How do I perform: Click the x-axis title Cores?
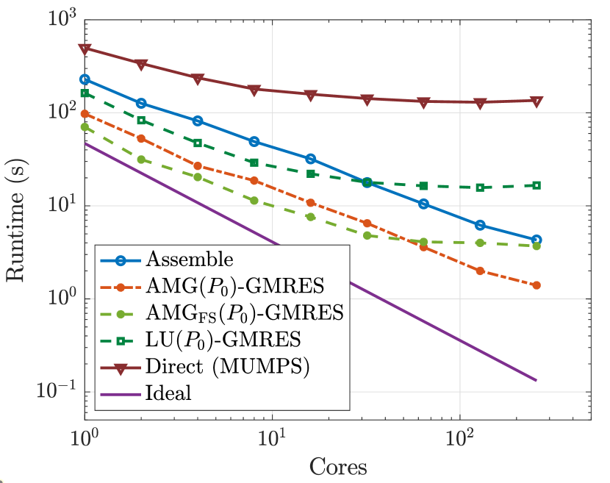pos(338,466)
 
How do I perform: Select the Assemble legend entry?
pos(190,259)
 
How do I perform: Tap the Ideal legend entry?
pos(169,393)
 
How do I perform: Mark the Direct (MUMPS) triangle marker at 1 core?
pos(85,49)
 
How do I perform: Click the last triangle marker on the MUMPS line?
pos(537,101)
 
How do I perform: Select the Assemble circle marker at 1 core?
pos(85,79)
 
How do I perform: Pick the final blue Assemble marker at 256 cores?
pos(537,240)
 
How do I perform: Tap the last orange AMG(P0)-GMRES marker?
pos(537,285)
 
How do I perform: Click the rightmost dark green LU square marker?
pos(537,185)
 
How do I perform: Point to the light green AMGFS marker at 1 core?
pos(85,126)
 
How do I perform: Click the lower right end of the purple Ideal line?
pos(537,380)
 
